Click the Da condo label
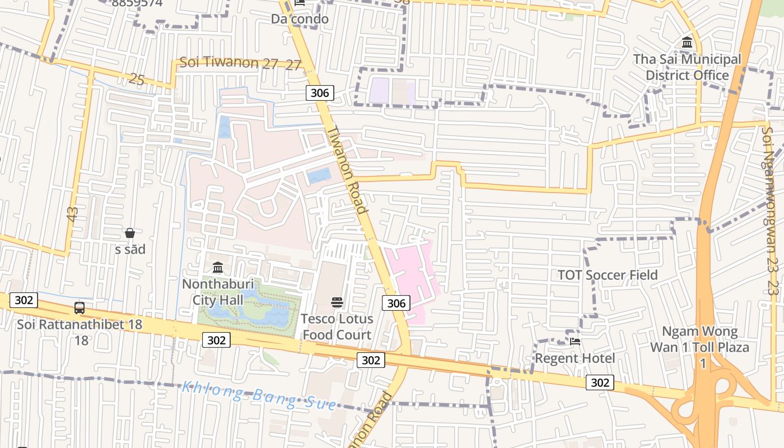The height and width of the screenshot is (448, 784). click(300, 18)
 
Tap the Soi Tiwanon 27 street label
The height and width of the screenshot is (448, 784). click(228, 63)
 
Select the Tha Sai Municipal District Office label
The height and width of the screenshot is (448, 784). click(687, 67)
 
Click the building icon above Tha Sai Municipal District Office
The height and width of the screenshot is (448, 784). click(687, 43)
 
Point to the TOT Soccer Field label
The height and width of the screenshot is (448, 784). click(608, 275)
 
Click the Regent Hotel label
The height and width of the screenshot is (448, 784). click(575, 358)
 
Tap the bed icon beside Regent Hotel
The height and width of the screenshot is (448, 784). click(575, 341)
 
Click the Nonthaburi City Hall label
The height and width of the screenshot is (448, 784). click(218, 292)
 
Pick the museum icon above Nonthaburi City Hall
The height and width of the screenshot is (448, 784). click(218, 267)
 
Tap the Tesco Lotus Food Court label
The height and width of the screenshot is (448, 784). click(337, 327)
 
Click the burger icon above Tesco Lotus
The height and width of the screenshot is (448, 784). click(337, 302)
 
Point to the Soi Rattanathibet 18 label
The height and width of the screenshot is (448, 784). click(80, 324)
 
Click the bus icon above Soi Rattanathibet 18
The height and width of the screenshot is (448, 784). click(80, 307)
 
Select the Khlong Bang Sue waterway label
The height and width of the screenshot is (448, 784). click(260, 395)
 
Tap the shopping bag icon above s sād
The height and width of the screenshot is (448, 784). click(130, 233)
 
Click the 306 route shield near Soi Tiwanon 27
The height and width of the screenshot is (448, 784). click(320, 93)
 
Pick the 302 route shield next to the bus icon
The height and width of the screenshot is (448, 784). click(24, 300)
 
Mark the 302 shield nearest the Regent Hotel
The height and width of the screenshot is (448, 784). click(600, 382)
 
